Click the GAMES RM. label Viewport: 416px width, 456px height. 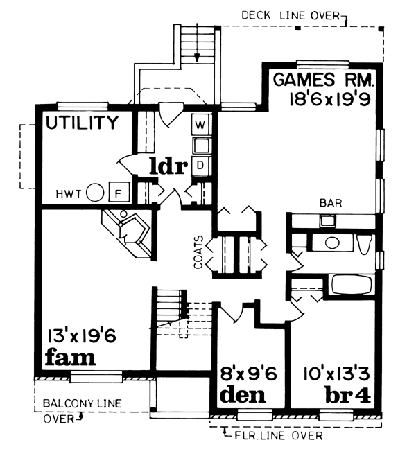tap(323, 78)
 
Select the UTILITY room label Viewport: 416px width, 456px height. tap(82, 123)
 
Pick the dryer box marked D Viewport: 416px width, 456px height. tap(200, 165)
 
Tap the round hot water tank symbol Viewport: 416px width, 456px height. tap(97, 192)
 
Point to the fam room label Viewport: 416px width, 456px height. tap(69, 358)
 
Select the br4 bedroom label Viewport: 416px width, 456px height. tap(350, 396)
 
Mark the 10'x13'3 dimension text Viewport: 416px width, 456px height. tap(338, 374)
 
